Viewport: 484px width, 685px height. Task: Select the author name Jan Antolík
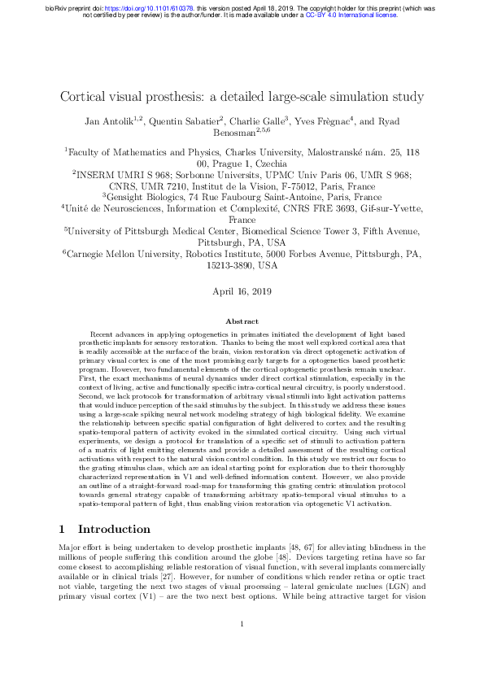tap(112, 122)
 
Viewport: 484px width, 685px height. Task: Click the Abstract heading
tap(242, 321)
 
